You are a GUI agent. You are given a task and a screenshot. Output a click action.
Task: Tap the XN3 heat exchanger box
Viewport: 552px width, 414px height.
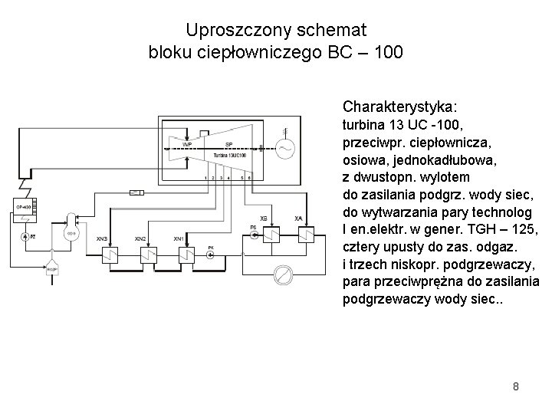(112, 253)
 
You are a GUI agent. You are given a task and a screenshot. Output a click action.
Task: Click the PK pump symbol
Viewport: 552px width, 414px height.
(212, 255)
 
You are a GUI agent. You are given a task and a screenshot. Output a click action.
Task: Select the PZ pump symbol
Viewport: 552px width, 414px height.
(27, 238)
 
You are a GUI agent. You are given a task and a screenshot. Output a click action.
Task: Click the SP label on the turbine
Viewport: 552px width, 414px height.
(228, 143)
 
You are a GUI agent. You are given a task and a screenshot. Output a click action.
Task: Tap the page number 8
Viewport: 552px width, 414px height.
(516, 386)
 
